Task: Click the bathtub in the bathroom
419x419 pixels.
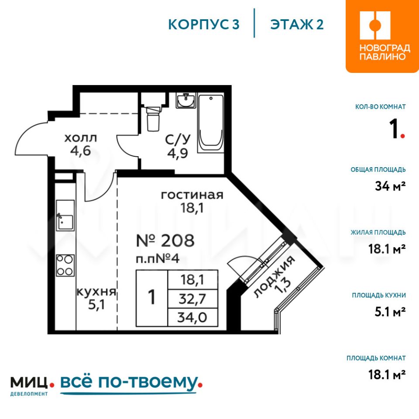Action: point(210,123)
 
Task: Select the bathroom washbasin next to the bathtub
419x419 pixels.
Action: point(186,100)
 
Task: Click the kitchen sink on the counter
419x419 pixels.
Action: point(65,216)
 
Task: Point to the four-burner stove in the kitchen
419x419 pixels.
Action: point(65,265)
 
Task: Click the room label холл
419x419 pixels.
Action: point(81,138)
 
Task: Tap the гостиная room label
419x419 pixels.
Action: point(192,195)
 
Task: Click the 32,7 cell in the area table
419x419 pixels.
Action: point(192,299)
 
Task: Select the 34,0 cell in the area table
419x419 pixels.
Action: point(192,317)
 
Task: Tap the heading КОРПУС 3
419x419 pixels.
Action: point(204,24)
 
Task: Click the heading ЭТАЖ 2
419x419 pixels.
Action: point(297,24)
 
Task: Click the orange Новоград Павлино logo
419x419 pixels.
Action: point(382,36)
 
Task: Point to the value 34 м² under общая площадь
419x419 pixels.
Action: point(390,186)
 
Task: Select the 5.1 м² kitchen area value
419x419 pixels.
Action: point(390,312)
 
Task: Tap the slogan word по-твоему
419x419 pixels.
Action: point(150,383)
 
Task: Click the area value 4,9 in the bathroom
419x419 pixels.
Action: point(178,153)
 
